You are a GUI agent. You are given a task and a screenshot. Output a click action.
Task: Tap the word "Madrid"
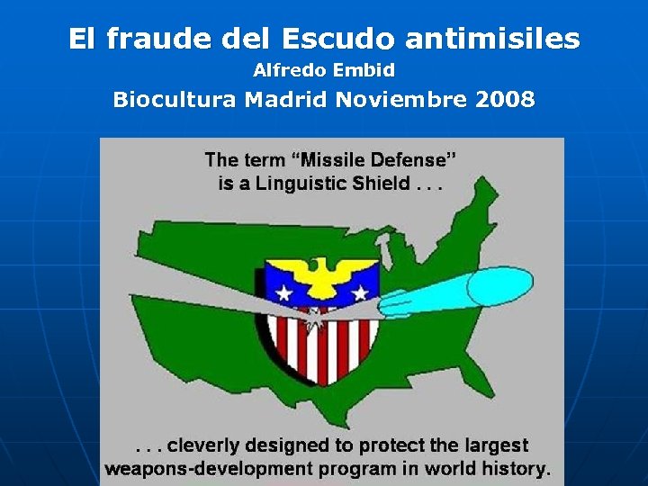click(286, 99)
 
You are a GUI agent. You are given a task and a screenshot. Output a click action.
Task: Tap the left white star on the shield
click(284, 292)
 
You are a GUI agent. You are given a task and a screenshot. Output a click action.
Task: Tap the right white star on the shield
click(360, 292)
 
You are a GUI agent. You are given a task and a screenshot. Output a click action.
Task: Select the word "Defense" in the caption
click(411, 160)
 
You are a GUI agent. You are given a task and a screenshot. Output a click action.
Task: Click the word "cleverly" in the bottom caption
click(202, 445)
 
